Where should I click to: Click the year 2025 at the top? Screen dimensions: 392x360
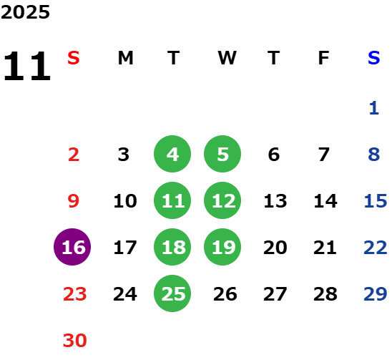pyautogui.click(x=25, y=12)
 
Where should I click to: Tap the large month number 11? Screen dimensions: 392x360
pyautogui.click(x=27, y=66)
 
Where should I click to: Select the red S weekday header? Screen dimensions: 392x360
pyautogui.click(x=74, y=58)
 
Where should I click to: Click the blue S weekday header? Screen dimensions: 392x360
pyautogui.click(x=374, y=58)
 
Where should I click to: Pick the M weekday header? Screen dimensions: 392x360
pyautogui.click(x=125, y=58)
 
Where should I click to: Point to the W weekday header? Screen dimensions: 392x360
pyautogui.click(x=227, y=58)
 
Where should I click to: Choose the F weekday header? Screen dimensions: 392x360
pyautogui.click(x=323, y=58)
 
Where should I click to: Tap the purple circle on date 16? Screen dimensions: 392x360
pyautogui.click(x=72, y=247)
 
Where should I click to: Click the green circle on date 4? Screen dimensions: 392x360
pyautogui.click(x=172, y=154)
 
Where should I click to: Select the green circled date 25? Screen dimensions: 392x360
pyautogui.click(x=172, y=293)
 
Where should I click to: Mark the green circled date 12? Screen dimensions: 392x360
pyautogui.click(x=222, y=200)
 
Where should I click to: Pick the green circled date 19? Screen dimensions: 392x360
pyautogui.click(x=222, y=247)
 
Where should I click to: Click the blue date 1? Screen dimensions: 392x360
pyautogui.click(x=374, y=108)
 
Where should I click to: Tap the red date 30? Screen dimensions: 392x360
pyautogui.click(x=74, y=341)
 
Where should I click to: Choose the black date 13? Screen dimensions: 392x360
pyautogui.click(x=275, y=201)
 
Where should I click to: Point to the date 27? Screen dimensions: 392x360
pyautogui.click(x=275, y=294)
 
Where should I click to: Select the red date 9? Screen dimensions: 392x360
pyautogui.click(x=74, y=201)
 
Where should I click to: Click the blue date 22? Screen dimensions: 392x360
pyautogui.click(x=376, y=248)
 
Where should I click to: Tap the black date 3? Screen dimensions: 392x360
pyautogui.click(x=124, y=155)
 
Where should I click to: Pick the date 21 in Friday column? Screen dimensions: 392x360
pyautogui.click(x=325, y=248)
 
